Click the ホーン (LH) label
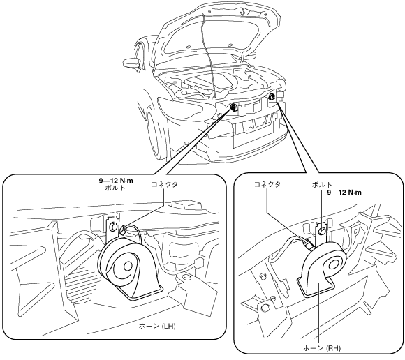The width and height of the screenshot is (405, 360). point(157,326)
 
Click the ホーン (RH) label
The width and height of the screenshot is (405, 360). point(322,348)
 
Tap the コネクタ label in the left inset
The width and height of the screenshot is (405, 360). point(165,184)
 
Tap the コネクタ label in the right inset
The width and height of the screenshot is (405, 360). point(267,184)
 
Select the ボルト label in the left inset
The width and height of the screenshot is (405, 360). point(115,188)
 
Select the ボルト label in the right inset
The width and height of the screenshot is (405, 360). point(322,185)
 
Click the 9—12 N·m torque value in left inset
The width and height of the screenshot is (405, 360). point(116,181)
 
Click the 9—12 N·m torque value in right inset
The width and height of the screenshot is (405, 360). point(344,193)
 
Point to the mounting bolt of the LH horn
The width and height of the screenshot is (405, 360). point(113,226)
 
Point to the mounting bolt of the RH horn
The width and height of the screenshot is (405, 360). point(322,232)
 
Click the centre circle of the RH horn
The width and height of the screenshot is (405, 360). point(334,265)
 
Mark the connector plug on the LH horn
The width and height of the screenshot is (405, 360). point(123,230)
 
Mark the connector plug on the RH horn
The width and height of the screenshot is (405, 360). point(310,244)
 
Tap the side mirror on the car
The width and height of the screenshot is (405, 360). point(131,62)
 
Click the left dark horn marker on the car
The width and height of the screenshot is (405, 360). point(233,107)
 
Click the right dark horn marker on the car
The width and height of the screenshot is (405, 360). point(271,97)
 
